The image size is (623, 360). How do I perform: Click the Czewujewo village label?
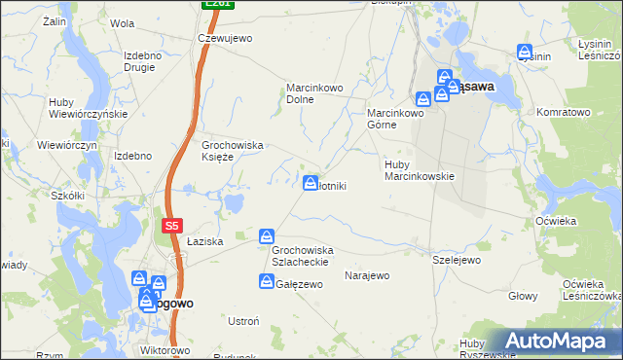[225, 38]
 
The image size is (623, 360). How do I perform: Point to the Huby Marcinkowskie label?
[420, 169]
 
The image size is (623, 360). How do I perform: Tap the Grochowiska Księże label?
[233, 151]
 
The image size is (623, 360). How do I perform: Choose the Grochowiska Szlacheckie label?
[303, 256]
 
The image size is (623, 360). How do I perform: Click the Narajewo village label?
[367, 275]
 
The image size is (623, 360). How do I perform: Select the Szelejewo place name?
[457, 260]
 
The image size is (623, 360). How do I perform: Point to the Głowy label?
[524, 295]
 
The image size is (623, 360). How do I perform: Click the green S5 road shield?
[171, 226]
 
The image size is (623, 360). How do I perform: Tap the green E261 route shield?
[218, 4]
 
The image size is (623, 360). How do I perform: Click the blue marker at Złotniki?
[311, 182]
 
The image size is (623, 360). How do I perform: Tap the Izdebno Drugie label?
[144, 61]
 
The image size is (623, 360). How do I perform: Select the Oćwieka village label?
[556, 221]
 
